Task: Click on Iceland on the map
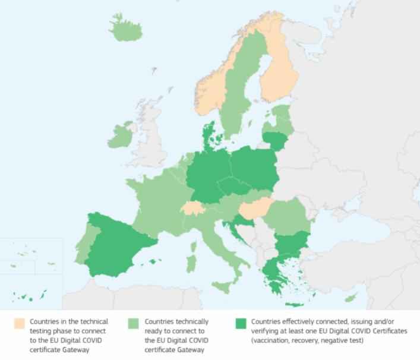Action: click(x=127, y=27)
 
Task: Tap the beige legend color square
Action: click(x=20, y=324)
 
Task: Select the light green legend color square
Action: click(x=133, y=324)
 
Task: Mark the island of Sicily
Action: click(x=221, y=287)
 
